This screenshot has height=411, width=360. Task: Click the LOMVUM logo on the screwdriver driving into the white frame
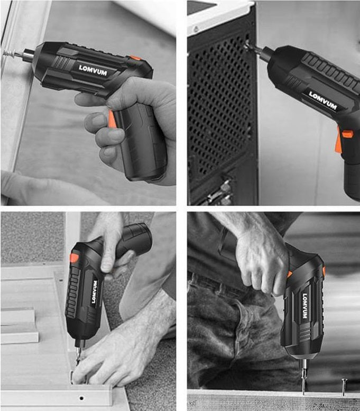pos(93,70)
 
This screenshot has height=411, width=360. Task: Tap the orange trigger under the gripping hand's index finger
pos(112,118)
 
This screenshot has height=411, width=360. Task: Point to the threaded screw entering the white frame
pos(9,55)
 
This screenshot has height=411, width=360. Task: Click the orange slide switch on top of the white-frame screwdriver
pos(135,58)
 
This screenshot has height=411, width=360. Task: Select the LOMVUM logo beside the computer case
pos(322,101)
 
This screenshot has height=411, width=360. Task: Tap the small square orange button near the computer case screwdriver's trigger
pos(347,134)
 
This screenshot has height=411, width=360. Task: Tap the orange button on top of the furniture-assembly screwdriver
pos(74,258)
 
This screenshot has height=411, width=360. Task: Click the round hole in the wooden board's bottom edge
pos(82,398)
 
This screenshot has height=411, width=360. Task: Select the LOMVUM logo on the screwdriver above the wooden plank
pos(304,306)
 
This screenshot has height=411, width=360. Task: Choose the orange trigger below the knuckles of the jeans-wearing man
pos(289,275)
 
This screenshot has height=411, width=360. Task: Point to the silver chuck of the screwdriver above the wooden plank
pos(304,365)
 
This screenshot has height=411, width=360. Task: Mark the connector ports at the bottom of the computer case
pos(218,192)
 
